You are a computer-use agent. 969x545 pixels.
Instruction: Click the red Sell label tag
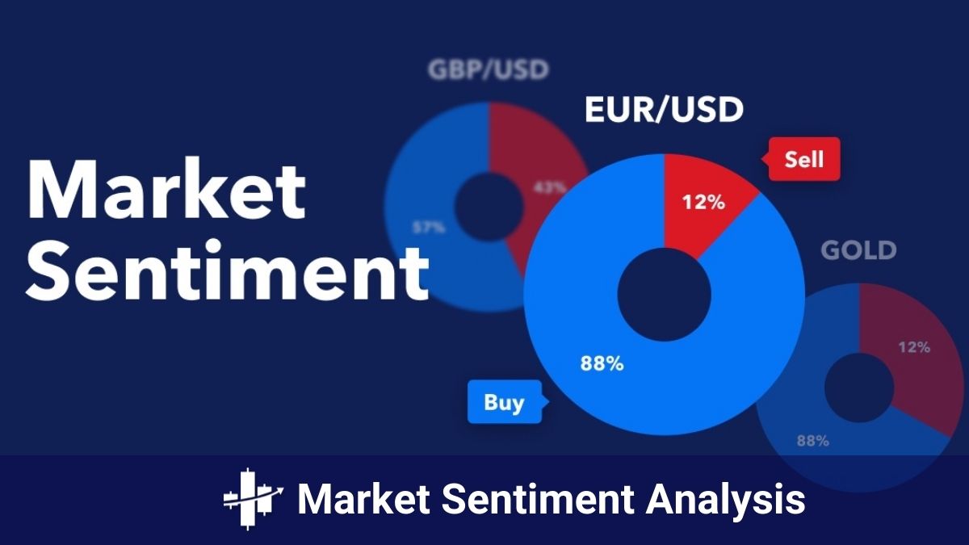(803, 158)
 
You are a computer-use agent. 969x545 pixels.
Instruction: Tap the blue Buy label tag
(504, 401)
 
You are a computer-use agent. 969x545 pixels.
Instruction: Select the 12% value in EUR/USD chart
(703, 202)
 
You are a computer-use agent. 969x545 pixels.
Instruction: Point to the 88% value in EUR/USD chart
(602, 363)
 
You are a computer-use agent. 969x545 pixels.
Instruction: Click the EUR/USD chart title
(663, 110)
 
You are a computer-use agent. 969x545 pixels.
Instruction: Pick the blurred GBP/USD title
(488, 69)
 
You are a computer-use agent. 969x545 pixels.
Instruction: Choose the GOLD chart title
(858, 250)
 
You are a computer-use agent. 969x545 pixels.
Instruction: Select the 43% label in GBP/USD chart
(549, 187)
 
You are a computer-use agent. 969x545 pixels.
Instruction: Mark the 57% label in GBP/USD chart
(428, 228)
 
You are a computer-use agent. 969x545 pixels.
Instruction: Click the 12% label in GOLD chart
(913, 347)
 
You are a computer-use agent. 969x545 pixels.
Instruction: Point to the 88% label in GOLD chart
(812, 441)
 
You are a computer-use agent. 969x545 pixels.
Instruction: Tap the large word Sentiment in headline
(228, 270)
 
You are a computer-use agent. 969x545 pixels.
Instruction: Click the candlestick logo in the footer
(253, 499)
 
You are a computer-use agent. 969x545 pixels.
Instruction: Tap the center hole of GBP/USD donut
(488, 208)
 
